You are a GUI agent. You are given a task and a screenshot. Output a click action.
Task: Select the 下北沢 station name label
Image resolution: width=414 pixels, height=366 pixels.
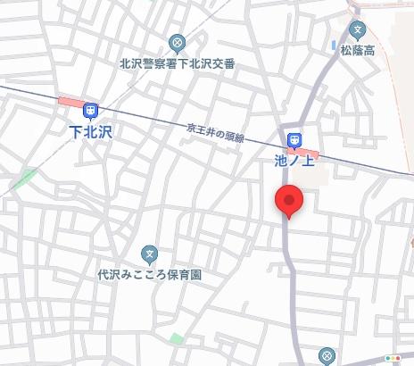tap(91, 130)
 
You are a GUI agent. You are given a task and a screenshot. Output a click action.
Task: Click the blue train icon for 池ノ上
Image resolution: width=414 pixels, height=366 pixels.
tap(294, 140)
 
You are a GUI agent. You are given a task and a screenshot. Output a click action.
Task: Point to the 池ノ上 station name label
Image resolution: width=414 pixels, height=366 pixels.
tap(294, 160)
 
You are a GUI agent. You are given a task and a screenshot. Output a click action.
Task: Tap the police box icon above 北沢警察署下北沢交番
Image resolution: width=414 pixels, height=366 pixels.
tap(176, 43)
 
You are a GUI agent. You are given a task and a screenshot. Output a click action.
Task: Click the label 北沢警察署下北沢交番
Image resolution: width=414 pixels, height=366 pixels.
tap(177, 63)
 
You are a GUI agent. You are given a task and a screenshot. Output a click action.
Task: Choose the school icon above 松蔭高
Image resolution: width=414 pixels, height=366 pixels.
tap(357, 29)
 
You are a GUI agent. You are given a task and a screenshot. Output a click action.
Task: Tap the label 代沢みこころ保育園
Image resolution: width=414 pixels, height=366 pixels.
tap(150, 275)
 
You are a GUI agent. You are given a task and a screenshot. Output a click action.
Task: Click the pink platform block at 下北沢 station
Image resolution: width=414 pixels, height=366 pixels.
tap(69, 100)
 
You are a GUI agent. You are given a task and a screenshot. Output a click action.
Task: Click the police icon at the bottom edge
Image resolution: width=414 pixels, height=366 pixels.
tap(327, 359)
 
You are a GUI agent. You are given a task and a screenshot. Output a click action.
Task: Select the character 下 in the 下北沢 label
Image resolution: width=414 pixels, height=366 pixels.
tap(75, 130)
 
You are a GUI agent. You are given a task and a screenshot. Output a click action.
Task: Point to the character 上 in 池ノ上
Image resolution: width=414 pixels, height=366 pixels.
tap(310, 160)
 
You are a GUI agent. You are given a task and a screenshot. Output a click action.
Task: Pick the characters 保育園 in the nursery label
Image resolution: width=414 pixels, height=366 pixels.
tap(186, 275)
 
